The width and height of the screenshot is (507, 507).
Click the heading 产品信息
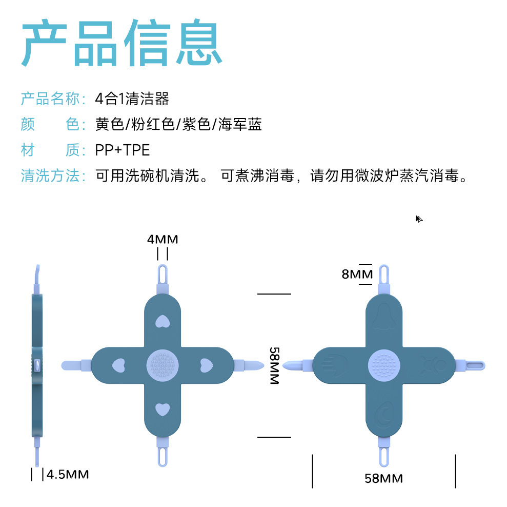click(122, 43)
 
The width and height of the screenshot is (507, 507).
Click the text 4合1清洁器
click(132, 98)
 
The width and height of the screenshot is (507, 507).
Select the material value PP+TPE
click(123, 150)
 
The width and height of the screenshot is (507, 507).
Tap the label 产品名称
click(50, 98)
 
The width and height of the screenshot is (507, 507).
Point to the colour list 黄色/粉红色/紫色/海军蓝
click(178, 124)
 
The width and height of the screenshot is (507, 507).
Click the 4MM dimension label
click(163, 239)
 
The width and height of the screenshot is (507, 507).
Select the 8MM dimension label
click(357, 274)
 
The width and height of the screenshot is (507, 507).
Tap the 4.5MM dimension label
click(68, 474)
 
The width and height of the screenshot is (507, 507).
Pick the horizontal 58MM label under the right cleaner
click(383, 478)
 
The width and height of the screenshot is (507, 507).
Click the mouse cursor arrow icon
click(418, 219)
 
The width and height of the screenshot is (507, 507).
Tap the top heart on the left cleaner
click(163, 321)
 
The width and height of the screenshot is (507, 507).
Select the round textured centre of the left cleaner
click(163, 365)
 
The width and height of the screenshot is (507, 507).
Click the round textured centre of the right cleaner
click(384, 365)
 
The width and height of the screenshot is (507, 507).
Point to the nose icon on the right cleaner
click(384, 316)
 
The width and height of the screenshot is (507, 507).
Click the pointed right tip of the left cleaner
click(256, 365)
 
